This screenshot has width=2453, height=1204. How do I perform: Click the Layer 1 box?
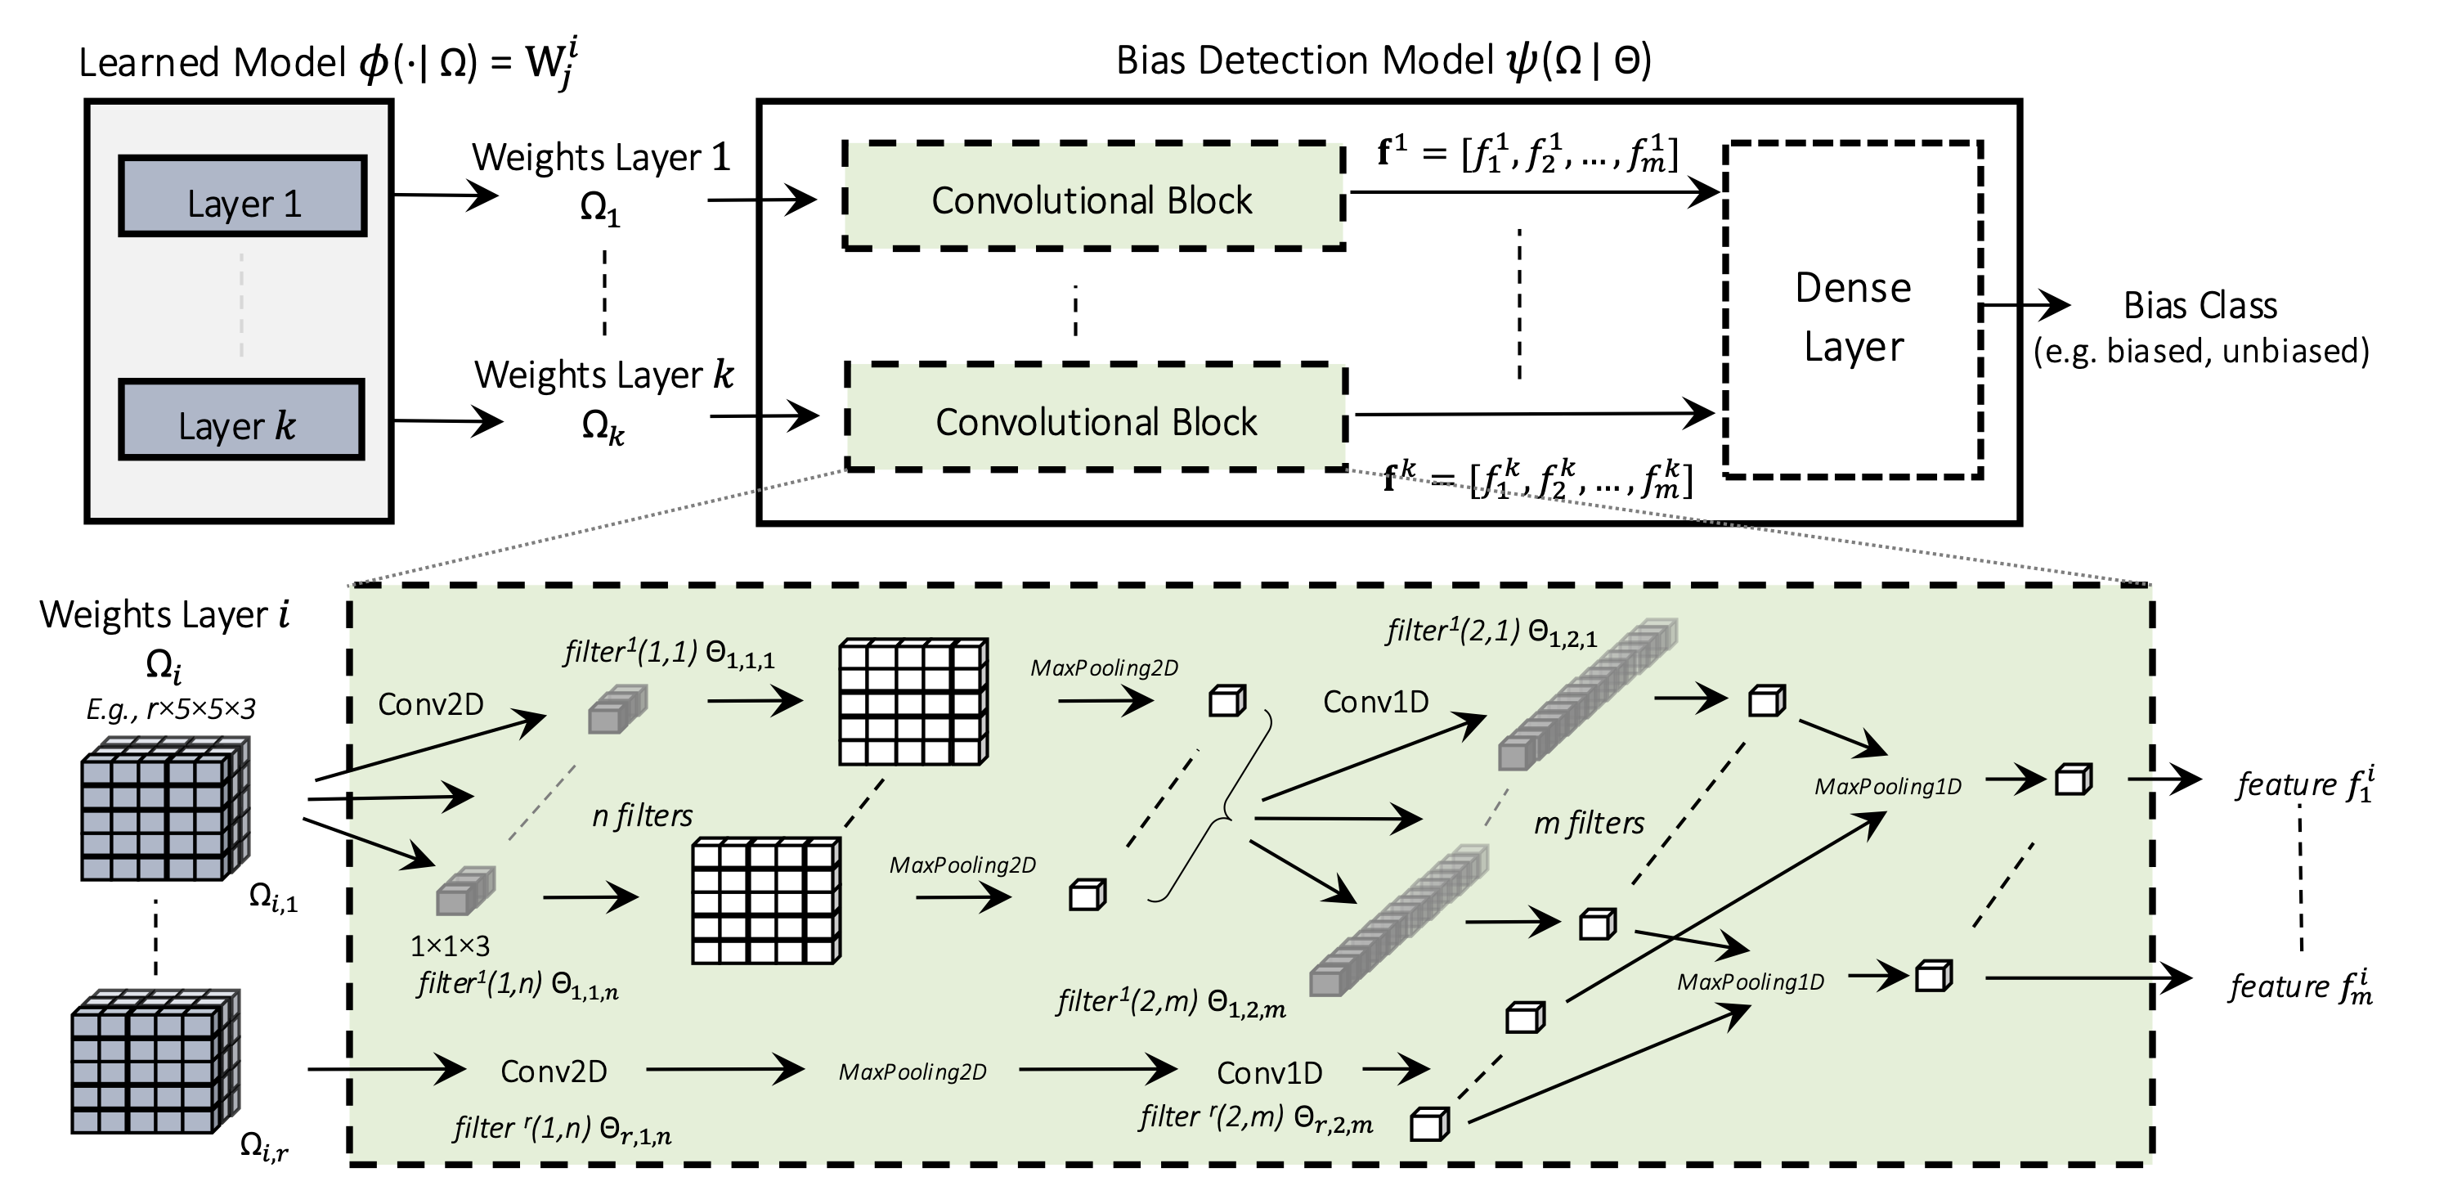click(243, 196)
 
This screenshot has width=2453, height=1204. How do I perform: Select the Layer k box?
click(241, 420)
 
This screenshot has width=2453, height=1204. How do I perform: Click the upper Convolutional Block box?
click(1092, 197)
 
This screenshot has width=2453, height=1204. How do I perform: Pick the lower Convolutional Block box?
click(1096, 417)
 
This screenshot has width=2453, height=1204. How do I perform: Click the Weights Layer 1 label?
click(601, 158)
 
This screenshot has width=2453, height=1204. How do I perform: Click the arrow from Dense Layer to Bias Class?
click(2025, 306)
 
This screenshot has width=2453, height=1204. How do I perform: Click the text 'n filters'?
click(642, 816)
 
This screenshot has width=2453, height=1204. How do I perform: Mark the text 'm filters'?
click(1589, 823)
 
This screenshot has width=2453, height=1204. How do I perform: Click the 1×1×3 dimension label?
click(450, 946)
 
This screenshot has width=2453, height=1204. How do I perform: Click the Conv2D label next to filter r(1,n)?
click(554, 1071)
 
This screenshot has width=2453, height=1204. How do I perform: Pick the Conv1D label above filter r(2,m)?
click(1269, 1073)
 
